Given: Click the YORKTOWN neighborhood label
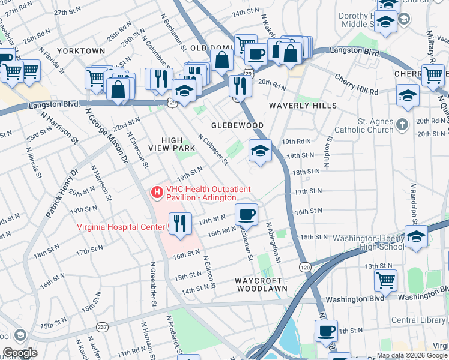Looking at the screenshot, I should [81, 51].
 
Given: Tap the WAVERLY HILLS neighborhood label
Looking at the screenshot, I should [303, 106].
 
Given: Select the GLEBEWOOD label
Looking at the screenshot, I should [238, 125].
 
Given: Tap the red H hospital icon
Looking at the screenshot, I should [157, 192].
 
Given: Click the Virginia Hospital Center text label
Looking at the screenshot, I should [121, 227].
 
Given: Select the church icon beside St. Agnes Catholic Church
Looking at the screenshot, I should [403, 124].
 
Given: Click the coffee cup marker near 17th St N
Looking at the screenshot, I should [246, 214].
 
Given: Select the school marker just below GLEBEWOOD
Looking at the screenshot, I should [260, 151].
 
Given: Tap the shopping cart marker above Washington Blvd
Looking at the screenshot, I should [385, 280].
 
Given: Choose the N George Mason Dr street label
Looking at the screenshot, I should [107, 137].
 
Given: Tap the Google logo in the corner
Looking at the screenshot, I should [20, 353].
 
